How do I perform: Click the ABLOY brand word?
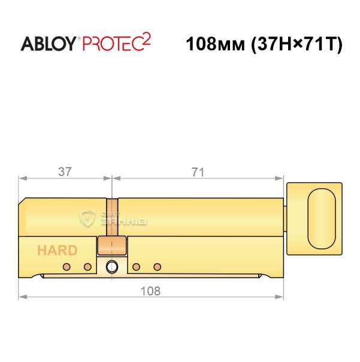click(x=49, y=44)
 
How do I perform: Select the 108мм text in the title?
click(x=215, y=44)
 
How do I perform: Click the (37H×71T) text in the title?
click(x=297, y=44)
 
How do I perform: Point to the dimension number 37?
click(x=65, y=172)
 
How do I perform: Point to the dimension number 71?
click(x=198, y=172)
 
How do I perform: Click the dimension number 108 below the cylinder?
click(x=150, y=291)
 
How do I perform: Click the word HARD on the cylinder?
click(x=57, y=250)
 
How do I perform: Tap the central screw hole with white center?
click(x=112, y=267)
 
